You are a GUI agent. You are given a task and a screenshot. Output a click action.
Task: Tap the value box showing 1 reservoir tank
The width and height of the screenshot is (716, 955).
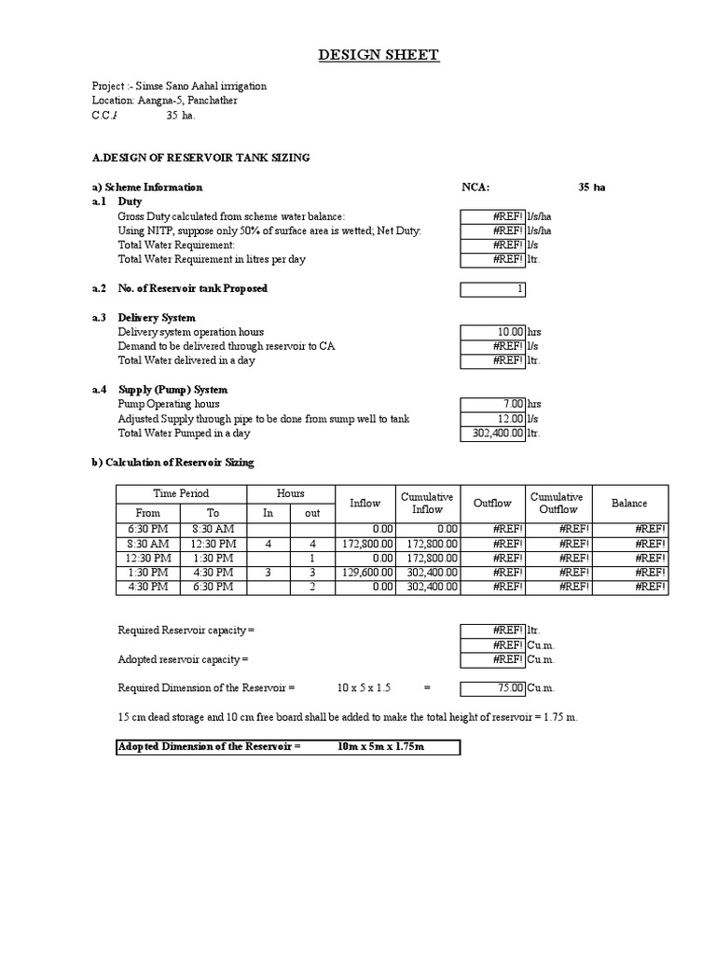pyautogui.click(x=493, y=289)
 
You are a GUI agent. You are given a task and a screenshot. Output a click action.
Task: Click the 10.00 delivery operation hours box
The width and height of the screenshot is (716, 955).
pyautogui.click(x=493, y=332)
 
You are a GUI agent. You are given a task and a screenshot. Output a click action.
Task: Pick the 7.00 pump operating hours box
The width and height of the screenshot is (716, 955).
pyautogui.click(x=493, y=404)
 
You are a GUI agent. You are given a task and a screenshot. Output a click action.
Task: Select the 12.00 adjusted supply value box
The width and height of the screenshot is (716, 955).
pyautogui.click(x=493, y=419)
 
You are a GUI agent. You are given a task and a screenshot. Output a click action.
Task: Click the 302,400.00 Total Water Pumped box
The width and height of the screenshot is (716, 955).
pyautogui.click(x=493, y=433)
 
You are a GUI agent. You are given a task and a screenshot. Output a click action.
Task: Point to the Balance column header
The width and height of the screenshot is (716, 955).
pyautogui.click(x=629, y=504)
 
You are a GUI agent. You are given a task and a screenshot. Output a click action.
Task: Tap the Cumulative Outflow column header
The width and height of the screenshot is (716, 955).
pyautogui.click(x=557, y=504)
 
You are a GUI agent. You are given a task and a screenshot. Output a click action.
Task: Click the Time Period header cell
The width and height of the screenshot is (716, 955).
pyautogui.click(x=181, y=493)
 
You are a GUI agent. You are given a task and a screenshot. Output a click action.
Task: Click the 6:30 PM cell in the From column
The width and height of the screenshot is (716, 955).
pyautogui.click(x=148, y=529)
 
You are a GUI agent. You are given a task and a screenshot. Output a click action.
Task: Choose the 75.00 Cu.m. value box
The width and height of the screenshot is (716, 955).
pyautogui.click(x=493, y=688)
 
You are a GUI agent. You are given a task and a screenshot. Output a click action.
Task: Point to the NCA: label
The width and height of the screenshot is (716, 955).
pyautogui.click(x=475, y=187)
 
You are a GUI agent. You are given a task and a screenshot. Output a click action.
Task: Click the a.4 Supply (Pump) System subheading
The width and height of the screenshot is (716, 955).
pyautogui.click(x=172, y=390)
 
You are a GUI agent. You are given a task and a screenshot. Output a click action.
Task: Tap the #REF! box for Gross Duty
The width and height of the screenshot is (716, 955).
pyautogui.click(x=493, y=216)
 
